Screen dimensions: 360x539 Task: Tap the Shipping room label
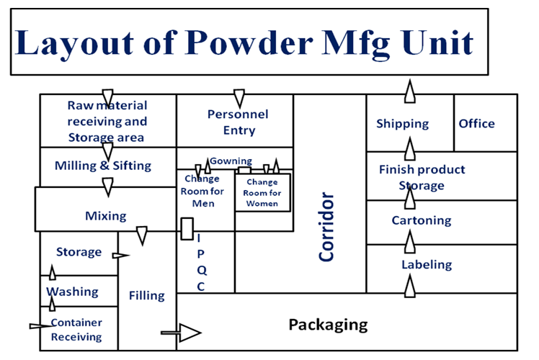pos(402,124)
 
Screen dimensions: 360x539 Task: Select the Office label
pos(476,123)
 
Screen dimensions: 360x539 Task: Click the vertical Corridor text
pos(327,227)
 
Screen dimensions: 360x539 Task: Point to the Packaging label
pos(328,325)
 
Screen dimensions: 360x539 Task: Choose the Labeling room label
pos(427,265)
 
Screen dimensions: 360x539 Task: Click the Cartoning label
pos(422,220)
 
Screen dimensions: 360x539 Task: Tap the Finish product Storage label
pos(422,178)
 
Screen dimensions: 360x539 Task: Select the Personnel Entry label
pos(238,122)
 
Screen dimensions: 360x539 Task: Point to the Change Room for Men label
pos(204,191)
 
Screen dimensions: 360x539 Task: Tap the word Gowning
pos(231,161)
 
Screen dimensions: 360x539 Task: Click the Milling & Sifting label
pos(103,166)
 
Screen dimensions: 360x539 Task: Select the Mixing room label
pos(106,215)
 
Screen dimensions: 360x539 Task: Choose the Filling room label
pos(146,295)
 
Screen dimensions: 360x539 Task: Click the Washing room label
pos(72,292)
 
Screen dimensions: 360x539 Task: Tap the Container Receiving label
pos(76,330)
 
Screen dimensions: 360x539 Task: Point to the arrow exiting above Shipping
pos(409,93)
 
